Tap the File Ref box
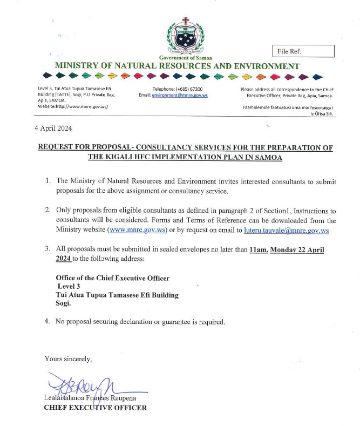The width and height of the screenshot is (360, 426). click(303, 51)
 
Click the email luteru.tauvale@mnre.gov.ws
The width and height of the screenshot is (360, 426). click(287, 231)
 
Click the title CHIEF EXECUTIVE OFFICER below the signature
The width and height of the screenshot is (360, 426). click(95, 408)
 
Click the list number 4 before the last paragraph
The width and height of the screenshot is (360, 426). click(47, 322)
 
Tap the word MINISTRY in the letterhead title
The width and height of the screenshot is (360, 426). click(78, 66)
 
